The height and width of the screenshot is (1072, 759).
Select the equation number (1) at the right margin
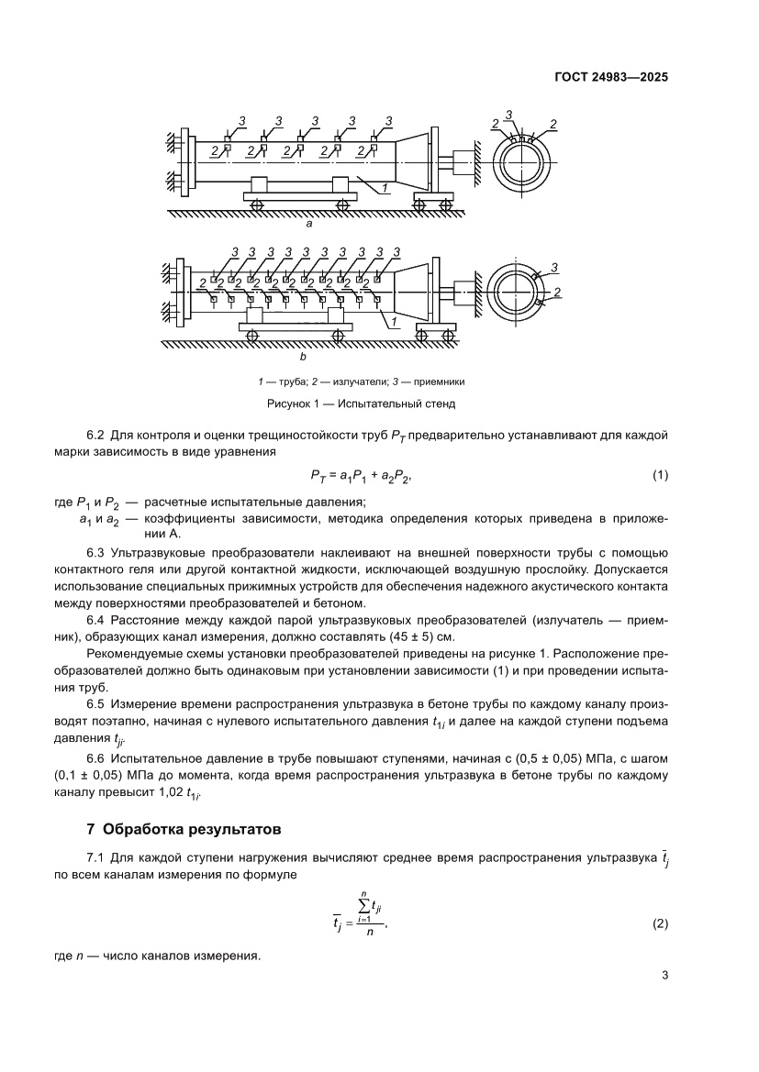coord(659,474)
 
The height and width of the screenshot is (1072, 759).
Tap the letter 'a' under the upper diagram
coord(308,223)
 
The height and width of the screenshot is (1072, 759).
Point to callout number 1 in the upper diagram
coord(385,189)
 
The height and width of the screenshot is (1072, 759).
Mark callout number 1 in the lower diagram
coord(393,323)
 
